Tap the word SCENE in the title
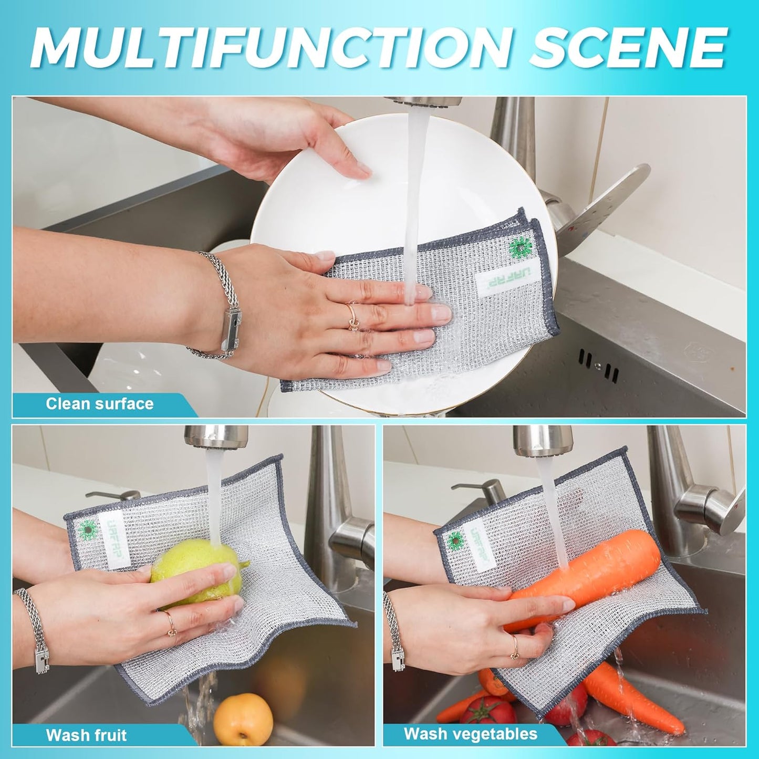coord(627,47)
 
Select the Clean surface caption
coord(99,404)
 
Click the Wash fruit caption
coord(86,735)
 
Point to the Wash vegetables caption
coord(470,733)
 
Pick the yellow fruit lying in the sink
coord(243,719)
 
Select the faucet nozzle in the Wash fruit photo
coord(216,435)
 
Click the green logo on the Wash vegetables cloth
coord(455,540)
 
